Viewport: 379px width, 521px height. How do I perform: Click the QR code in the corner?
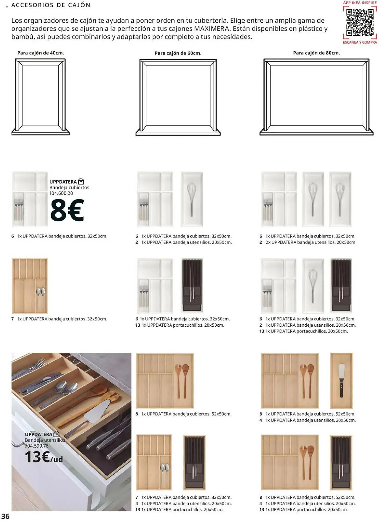click(360, 22)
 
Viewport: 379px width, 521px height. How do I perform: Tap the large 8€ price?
click(67, 210)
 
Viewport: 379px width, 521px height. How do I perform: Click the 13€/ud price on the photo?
click(44, 457)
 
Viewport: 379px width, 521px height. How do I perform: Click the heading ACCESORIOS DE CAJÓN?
click(51, 5)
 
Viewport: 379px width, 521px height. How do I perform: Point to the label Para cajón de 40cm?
click(40, 53)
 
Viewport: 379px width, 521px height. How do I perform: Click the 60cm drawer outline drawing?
click(178, 96)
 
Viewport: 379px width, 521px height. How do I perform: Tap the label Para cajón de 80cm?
click(316, 53)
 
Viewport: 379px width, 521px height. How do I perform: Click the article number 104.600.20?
click(61, 193)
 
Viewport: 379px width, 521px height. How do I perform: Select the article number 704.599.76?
click(37, 446)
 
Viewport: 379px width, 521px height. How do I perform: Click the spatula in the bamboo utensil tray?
click(341, 380)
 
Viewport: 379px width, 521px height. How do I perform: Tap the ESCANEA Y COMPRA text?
click(360, 42)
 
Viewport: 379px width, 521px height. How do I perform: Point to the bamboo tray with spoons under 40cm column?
click(30, 286)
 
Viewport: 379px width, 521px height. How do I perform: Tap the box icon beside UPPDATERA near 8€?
click(81, 181)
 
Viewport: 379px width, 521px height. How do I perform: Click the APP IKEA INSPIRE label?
click(360, 3)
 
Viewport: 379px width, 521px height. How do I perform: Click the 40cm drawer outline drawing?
click(40, 96)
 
